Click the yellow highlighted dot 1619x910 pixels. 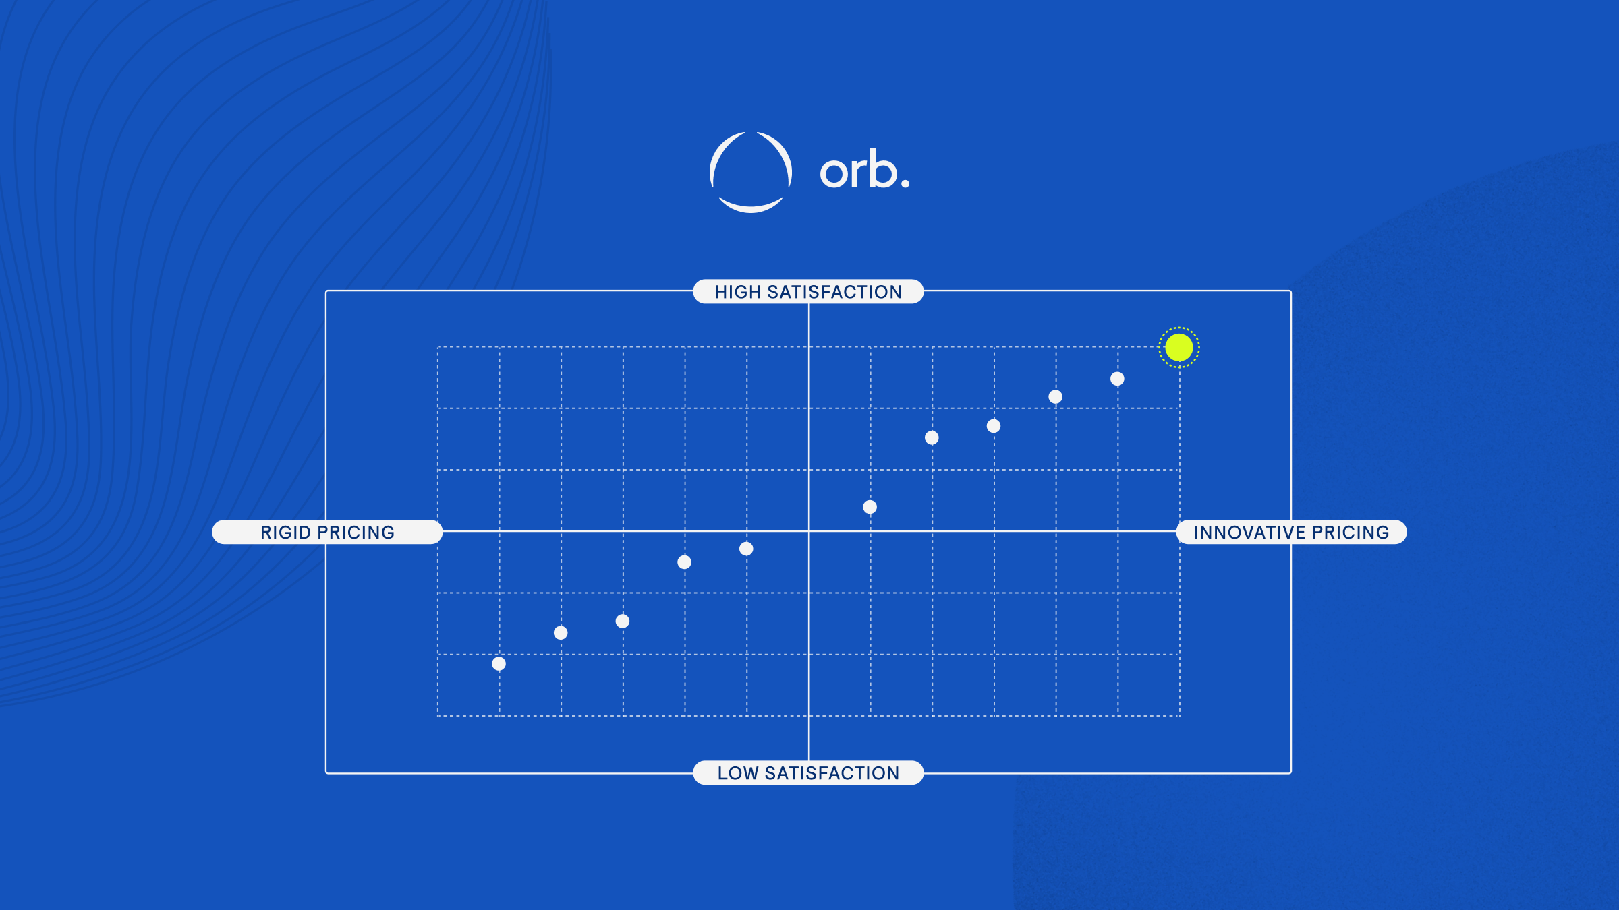point(1178,348)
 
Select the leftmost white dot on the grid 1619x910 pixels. point(499,664)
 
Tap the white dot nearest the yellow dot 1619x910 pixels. point(1117,379)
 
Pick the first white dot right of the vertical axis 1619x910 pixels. point(870,507)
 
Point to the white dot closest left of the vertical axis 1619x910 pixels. point(746,549)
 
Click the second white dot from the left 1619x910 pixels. point(561,632)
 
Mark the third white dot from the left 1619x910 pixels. point(623,621)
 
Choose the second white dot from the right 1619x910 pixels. point(1056,397)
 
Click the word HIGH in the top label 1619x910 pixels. point(738,292)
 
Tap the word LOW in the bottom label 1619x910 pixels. point(738,773)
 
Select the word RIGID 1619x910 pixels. point(285,533)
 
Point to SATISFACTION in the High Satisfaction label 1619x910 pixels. point(834,292)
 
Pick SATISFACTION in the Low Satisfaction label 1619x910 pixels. point(832,773)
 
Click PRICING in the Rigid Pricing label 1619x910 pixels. point(356,533)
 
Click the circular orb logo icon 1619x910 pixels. point(751,172)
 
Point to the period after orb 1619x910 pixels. point(905,183)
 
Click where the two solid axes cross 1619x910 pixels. point(809,531)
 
